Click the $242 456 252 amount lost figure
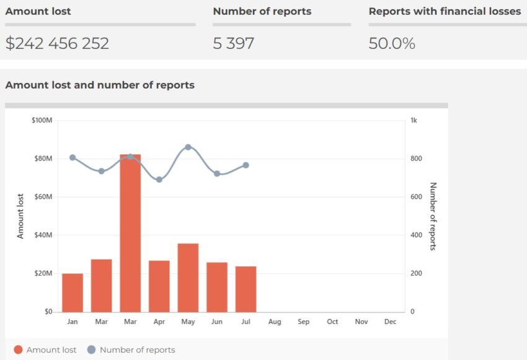pyautogui.click(x=57, y=43)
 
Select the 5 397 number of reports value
pyautogui.click(x=233, y=43)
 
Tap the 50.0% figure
pyautogui.click(x=391, y=43)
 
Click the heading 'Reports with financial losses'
pyautogui.click(x=445, y=11)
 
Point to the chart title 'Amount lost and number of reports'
pyautogui.click(x=100, y=85)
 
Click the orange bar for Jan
pyautogui.click(x=73, y=292)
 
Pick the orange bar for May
pyautogui.click(x=188, y=278)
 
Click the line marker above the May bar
pyautogui.click(x=188, y=147)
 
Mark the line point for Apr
pyautogui.click(x=159, y=180)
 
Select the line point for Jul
pyautogui.click(x=246, y=165)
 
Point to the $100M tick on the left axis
pyautogui.click(x=42, y=120)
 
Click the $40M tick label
pyautogui.click(x=42, y=235)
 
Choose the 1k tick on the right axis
pyautogui.click(x=414, y=120)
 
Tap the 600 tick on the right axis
pyautogui.click(x=415, y=197)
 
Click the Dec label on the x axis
pyautogui.click(x=390, y=322)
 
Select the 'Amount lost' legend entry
pyautogui.click(x=45, y=350)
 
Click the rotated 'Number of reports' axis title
pyautogui.click(x=433, y=216)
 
